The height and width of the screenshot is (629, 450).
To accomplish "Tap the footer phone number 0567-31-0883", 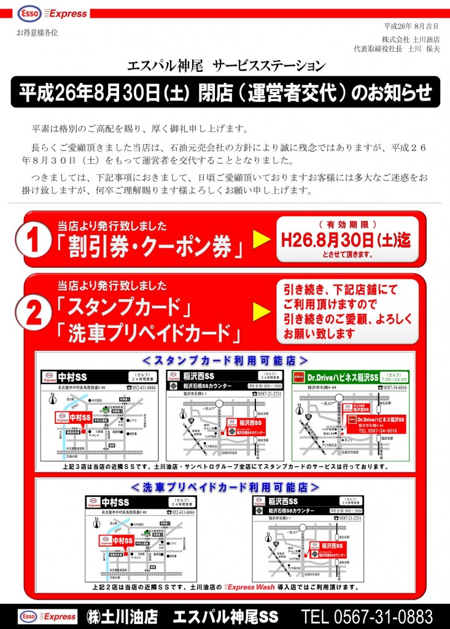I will (367, 616).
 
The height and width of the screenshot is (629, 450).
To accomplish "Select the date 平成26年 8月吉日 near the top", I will (411, 26).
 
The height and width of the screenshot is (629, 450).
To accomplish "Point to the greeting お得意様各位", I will (37, 33).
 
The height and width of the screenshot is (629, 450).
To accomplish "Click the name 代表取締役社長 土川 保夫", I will (397, 49).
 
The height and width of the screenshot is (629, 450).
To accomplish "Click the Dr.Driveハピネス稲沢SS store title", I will (342, 376).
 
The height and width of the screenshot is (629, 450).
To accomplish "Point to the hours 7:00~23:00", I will (394, 379).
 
